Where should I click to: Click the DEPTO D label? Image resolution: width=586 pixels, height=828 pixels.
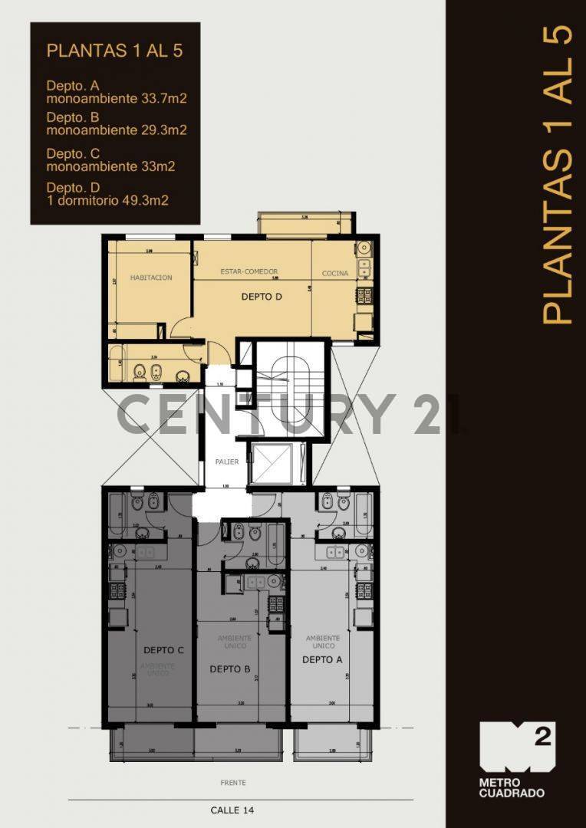pos(262,297)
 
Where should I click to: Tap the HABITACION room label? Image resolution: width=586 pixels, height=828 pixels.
pos(150,278)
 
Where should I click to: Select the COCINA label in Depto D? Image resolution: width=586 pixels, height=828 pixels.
pos(335,274)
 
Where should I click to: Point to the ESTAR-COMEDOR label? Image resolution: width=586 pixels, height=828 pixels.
pos(249,272)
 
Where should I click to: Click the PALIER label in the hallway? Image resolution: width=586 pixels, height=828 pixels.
pos(227,462)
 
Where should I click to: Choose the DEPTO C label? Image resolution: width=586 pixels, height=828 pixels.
pos(163,650)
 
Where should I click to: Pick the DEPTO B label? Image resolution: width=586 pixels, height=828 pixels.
pos(230,669)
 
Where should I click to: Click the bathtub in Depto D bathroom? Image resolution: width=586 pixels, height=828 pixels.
pos(117,364)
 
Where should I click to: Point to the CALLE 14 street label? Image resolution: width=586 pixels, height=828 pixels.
pos(232,810)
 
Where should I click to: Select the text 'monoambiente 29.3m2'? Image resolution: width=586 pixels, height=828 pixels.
pos(117,130)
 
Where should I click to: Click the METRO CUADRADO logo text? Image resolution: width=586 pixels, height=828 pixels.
pos(512,787)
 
